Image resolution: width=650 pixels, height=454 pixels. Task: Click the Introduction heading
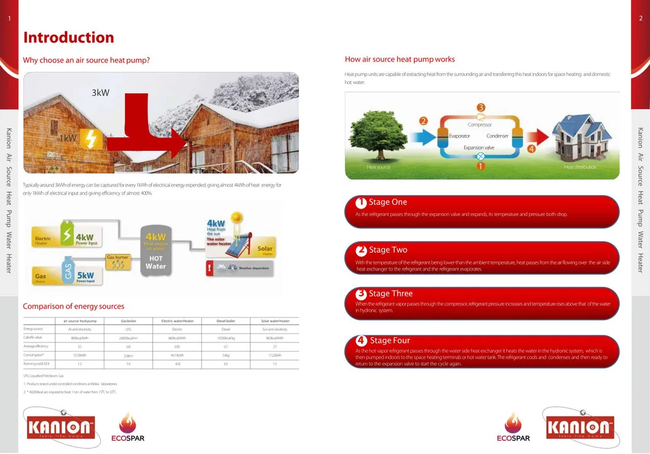pos(68,37)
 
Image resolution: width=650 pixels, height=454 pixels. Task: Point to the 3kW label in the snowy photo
pos(100,93)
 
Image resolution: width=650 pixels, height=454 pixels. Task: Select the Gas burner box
pos(118,262)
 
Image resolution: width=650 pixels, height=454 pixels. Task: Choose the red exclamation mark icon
pos(210,268)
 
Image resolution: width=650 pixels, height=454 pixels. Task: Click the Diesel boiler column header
pos(226,321)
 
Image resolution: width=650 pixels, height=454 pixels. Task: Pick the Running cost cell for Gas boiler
pos(128,364)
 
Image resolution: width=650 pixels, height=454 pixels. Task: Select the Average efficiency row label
pos(35,347)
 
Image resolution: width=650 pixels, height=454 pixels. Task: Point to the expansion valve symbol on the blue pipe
pos(481,156)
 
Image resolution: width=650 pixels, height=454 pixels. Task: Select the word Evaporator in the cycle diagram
pos(459,136)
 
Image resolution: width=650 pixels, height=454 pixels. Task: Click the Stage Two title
pos(387,250)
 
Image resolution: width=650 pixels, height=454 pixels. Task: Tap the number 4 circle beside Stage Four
pos(362,340)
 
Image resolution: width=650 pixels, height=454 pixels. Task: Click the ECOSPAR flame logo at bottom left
pos(128,427)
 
